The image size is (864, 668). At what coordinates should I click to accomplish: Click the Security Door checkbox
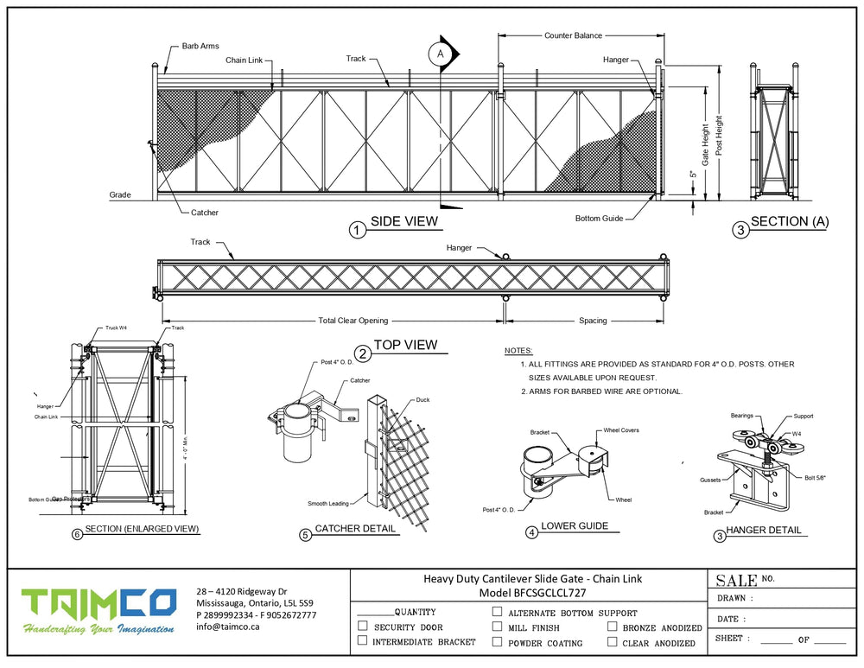pos(362,627)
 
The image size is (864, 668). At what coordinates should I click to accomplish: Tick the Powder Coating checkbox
pos(497,641)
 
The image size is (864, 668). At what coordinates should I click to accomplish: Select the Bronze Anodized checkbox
pos(612,627)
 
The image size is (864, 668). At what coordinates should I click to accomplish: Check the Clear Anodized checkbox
pos(612,641)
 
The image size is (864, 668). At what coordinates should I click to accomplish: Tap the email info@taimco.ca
pos(229,627)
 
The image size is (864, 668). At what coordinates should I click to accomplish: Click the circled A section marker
pos(440,54)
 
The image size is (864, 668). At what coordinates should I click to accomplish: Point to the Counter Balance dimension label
pos(573,36)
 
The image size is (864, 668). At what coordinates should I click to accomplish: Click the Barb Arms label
pos(200,46)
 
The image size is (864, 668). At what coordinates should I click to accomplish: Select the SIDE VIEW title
pos(404,222)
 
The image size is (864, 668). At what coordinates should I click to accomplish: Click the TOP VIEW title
pos(405,345)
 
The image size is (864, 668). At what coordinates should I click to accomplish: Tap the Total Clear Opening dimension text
pos(353,321)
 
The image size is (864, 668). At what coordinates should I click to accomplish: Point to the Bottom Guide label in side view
pos(599,219)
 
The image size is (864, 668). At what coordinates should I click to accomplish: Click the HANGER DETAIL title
pos(763,530)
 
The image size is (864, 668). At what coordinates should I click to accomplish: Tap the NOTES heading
pos(518,352)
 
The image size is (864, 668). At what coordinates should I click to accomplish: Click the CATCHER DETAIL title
pos(355,528)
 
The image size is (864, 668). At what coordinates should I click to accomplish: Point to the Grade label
pos(120,195)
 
